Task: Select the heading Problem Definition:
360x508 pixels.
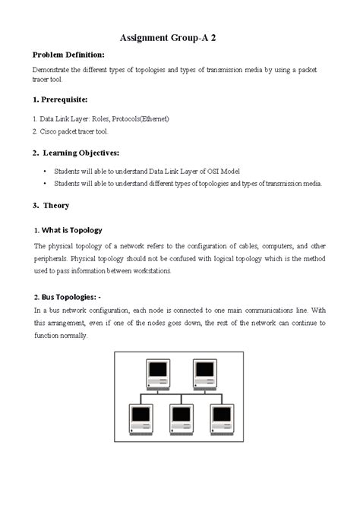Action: (x=68, y=55)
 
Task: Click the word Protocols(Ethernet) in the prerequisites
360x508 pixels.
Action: (x=141, y=119)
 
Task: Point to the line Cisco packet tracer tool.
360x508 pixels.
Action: (x=70, y=131)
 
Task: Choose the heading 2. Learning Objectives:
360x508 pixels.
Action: (x=76, y=153)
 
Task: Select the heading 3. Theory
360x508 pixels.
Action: (x=51, y=205)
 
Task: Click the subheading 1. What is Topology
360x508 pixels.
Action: (x=68, y=230)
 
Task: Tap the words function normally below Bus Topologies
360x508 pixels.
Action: (x=61, y=335)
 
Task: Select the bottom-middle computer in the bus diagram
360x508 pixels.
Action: (x=180, y=418)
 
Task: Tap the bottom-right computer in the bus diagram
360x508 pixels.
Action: (x=221, y=418)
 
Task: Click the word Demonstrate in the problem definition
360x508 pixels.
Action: (x=53, y=69)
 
